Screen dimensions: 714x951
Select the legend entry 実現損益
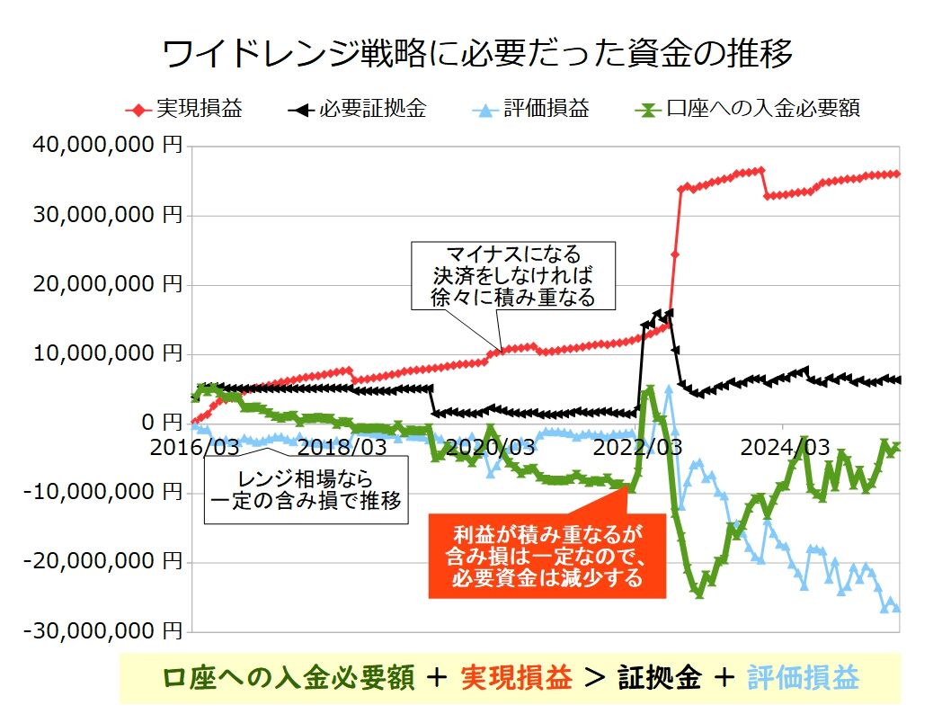click(199, 110)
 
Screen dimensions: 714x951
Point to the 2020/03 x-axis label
click(491, 446)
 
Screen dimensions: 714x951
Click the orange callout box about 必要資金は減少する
click(547, 556)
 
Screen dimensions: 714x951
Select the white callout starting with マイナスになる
click(513, 275)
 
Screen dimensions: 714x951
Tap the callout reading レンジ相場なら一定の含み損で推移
click(306, 489)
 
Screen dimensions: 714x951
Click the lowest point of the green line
click(698, 594)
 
